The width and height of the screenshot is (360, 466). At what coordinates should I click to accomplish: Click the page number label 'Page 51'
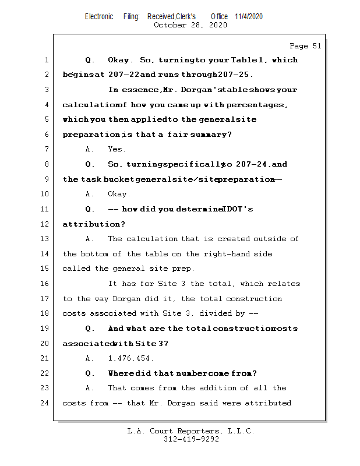click(305, 46)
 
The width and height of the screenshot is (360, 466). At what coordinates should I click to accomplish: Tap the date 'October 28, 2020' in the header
click(190, 25)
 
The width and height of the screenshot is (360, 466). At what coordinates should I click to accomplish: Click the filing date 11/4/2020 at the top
click(249, 16)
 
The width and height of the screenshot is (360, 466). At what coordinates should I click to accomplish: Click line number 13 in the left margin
click(45, 239)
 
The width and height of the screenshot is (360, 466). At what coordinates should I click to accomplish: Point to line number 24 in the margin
click(45, 403)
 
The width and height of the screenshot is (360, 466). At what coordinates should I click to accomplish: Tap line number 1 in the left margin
click(45, 60)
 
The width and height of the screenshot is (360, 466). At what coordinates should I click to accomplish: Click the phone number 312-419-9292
click(191, 440)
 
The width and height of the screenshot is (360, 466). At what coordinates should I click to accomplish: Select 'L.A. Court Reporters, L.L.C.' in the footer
click(191, 431)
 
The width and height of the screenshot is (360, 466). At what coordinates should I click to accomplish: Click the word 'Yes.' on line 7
click(117, 150)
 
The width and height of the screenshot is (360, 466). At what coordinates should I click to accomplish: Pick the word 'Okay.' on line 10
click(119, 195)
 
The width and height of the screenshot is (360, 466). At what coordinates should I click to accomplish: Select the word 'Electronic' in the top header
click(99, 16)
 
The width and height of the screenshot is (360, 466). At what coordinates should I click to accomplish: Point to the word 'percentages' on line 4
click(257, 105)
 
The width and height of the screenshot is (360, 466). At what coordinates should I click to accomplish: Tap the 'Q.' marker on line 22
click(90, 373)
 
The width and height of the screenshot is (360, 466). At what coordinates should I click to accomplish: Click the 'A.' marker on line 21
click(90, 358)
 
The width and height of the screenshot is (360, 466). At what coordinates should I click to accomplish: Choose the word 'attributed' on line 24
click(268, 403)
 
